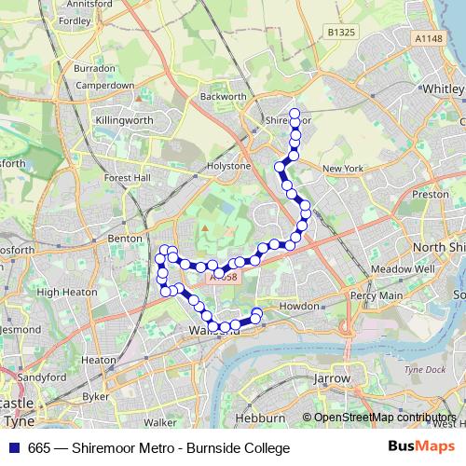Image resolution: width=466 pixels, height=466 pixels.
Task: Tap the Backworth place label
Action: [x=224, y=96]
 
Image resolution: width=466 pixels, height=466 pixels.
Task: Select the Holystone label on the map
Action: [x=228, y=166]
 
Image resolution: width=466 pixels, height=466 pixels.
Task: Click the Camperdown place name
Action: [x=103, y=85]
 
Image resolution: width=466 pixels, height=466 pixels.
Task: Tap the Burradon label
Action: [x=95, y=68]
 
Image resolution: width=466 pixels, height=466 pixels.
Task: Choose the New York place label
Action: [x=341, y=168]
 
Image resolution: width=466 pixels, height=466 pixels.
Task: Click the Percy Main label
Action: [x=377, y=295]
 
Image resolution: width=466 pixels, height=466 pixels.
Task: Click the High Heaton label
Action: [x=61, y=292]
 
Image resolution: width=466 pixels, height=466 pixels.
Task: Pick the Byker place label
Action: [x=96, y=396]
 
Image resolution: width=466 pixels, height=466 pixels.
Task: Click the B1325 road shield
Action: [x=344, y=32]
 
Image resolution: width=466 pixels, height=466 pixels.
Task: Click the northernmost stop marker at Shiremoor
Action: [x=295, y=115]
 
